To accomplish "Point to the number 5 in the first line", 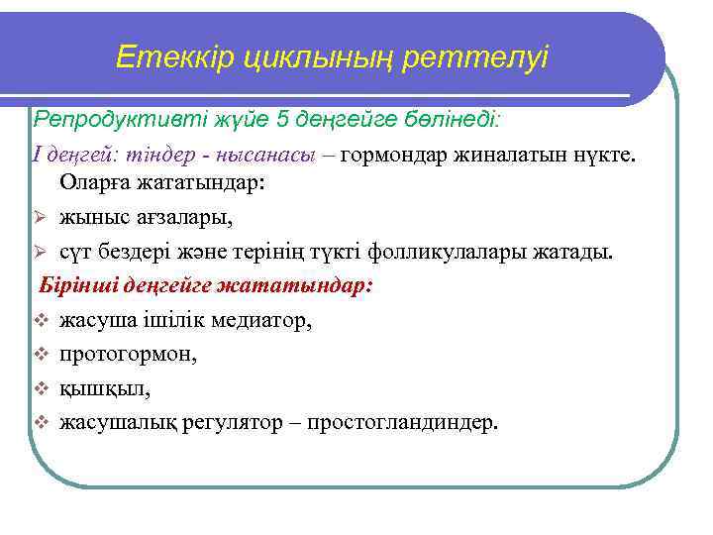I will coord(283,120).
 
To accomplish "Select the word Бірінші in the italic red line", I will coord(74,286).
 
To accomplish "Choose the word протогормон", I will coord(128,355).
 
